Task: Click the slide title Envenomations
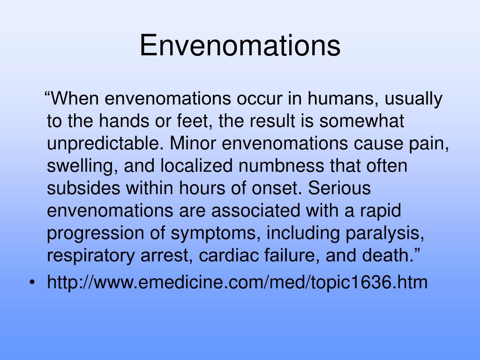click(x=240, y=45)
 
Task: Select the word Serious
click(x=340, y=188)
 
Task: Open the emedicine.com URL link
click(x=237, y=283)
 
